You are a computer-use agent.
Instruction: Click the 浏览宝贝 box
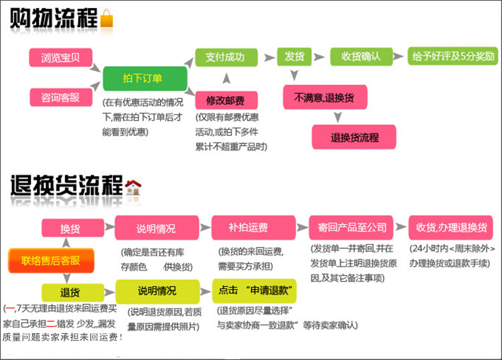pos(60,58)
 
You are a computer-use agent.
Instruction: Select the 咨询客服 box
pos(60,97)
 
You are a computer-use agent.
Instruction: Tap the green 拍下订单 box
pos(143,78)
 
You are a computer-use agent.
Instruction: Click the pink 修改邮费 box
pos(225,100)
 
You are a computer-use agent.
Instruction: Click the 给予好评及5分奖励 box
pos(454,56)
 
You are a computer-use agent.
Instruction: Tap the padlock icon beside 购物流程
pos(107,18)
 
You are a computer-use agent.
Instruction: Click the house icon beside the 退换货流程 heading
pos(133,187)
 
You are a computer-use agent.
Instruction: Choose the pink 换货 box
pos(71,228)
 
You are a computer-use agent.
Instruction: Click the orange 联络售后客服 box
pos(51,260)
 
